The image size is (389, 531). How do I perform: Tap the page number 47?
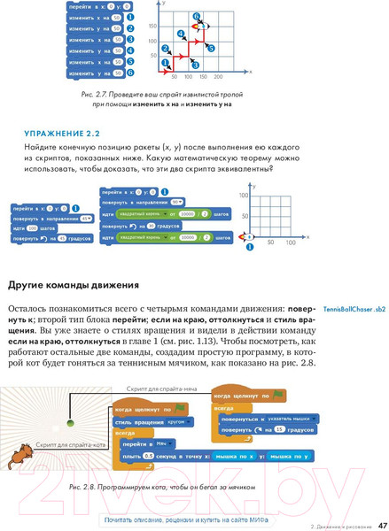(382, 525)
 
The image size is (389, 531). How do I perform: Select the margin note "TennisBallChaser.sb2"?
(354, 307)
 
